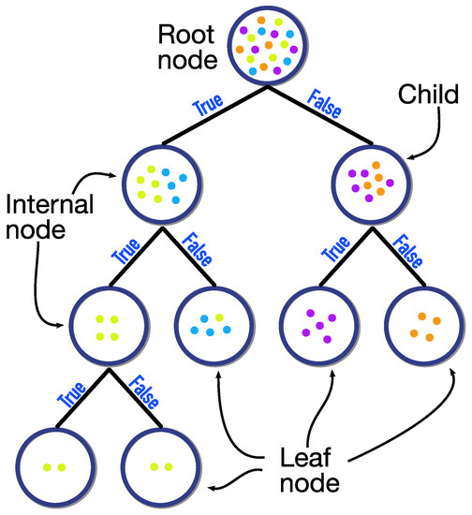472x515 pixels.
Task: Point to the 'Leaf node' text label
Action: click(x=310, y=472)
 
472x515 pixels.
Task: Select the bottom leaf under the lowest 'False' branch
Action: click(x=160, y=464)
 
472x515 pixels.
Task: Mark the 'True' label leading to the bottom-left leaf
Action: click(x=66, y=395)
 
